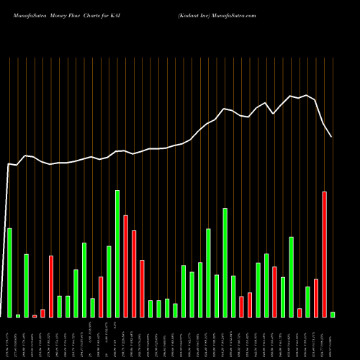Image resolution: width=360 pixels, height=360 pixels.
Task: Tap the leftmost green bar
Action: pos(9,272)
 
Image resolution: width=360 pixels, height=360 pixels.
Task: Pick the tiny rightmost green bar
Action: pos(333,314)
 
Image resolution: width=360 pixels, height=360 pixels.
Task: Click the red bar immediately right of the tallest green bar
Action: pos(125,266)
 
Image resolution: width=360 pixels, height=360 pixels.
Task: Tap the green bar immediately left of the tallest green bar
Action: pos(109,282)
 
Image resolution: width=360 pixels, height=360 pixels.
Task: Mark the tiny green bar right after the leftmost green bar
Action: pos(18,315)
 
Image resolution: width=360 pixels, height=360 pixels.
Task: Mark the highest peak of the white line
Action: pos(307,95)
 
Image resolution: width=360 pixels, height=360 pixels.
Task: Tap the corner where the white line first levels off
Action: pos(9,164)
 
